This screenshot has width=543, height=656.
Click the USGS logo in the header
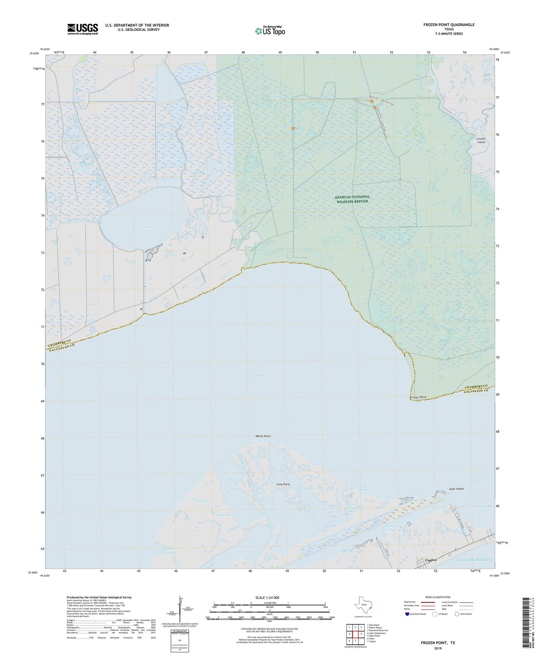[83, 29]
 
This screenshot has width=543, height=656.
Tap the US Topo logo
[270, 31]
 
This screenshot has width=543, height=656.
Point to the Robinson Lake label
[143, 228]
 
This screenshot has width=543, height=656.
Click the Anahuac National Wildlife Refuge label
[352, 199]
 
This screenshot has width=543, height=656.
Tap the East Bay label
[258, 376]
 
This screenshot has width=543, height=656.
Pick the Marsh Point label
[263, 436]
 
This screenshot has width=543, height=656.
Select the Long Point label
[283, 484]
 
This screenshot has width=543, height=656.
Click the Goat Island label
[456, 489]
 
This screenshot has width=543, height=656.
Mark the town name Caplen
[431, 560]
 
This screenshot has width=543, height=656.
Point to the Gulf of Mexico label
[474, 560]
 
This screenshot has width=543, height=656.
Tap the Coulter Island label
[481, 141]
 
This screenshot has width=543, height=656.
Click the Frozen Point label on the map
[418, 397]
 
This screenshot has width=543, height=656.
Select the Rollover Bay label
[484, 506]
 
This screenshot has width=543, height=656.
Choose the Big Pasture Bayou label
[170, 550]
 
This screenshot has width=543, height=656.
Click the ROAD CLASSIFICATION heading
[437, 597]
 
